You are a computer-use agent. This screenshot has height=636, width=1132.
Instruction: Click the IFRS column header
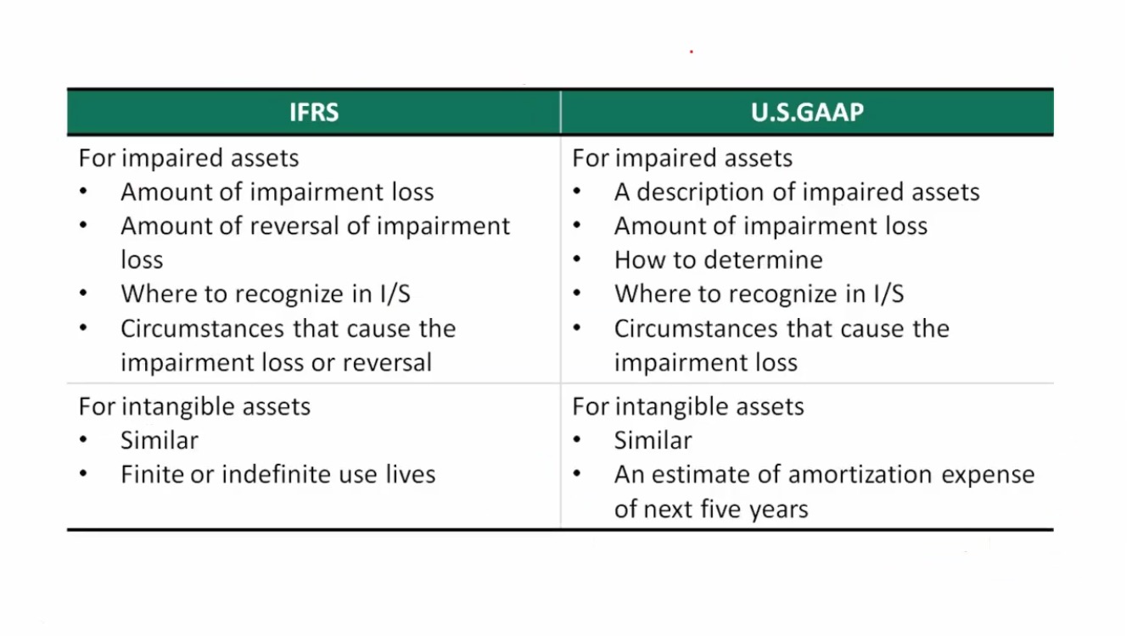pyautogui.click(x=314, y=112)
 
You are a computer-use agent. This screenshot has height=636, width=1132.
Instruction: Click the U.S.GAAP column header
pyautogui.click(x=807, y=112)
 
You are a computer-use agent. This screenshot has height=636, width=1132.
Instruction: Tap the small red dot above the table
pyautogui.click(x=692, y=52)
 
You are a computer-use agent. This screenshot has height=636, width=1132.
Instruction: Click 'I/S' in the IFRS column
pyautogui.click(x=395, y=294)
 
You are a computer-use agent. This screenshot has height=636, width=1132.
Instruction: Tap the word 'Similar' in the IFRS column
pyautogui.click(x=160, y=440)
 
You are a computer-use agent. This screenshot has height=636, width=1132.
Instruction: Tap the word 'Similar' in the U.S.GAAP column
pyautogui.click(x=653, y=440)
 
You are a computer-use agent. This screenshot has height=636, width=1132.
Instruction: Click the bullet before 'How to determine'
pyautogui.click(x=577, y=259)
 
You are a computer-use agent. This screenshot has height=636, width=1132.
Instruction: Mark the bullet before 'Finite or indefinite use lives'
pyautogui.click(x=83, y=474)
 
